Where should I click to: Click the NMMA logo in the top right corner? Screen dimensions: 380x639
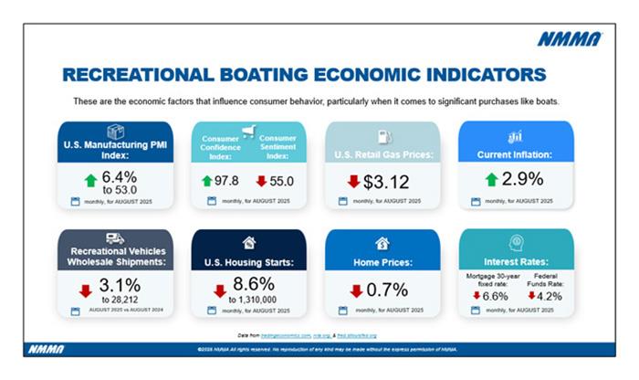(x=569, y=38)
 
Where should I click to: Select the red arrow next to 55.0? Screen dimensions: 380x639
(x=260, y=181)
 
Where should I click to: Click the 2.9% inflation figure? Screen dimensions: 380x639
(x=523, y=179)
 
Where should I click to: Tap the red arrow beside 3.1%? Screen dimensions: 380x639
(x=85, y=291)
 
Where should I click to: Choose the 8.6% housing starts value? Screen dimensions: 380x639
(x=255, y=284)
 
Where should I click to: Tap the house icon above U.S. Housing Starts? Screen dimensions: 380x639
(x=248, y=243)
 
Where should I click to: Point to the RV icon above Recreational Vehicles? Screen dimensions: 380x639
(x=116, y=239)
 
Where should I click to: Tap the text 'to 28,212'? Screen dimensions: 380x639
(x=120, y=298)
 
